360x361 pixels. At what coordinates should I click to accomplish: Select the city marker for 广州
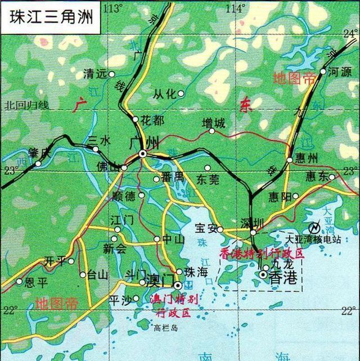[x=143, y=154]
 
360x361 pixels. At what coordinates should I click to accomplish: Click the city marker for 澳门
[x=178, y=285]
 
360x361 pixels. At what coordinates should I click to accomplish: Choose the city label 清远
[x=94, y=74]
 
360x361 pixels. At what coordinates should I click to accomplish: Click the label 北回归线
[x=26, y=105]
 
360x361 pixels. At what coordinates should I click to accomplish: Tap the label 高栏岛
[x=166, y=327]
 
